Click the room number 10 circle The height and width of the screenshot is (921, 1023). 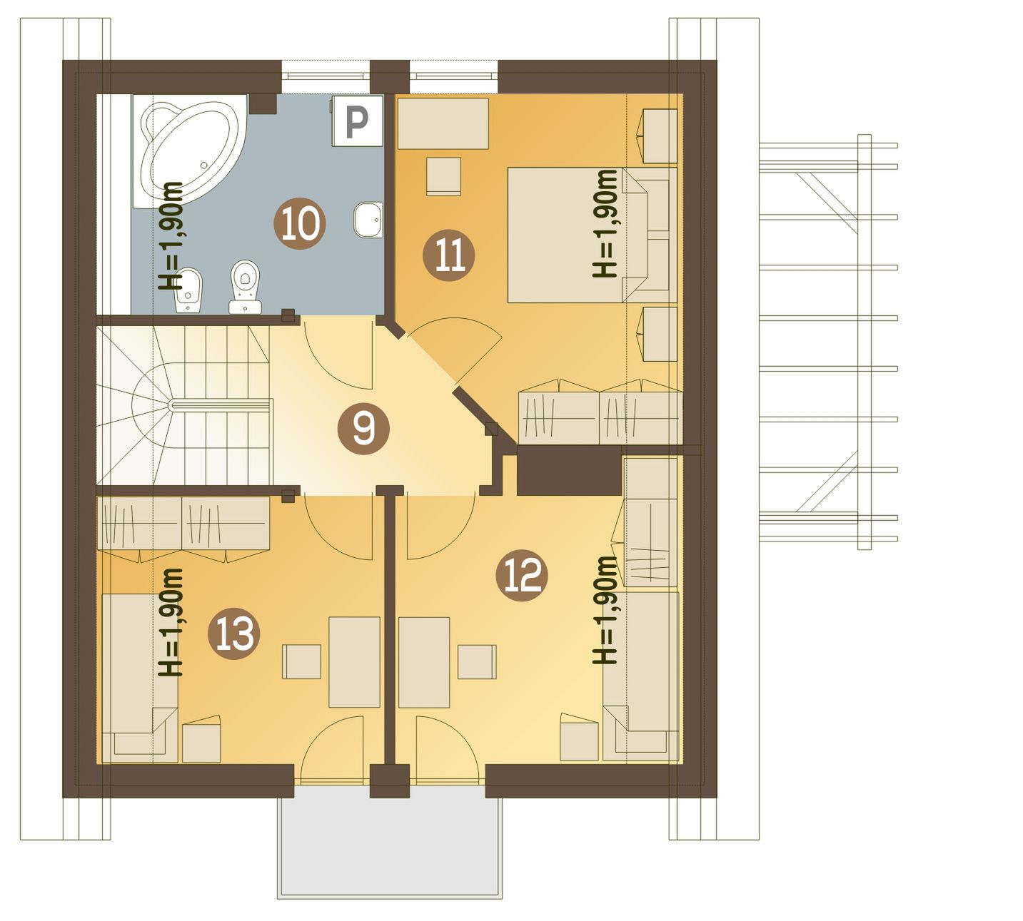coord(300,223)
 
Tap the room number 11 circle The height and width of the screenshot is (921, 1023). coord(449,255)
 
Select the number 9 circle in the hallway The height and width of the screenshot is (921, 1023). coord(363,429)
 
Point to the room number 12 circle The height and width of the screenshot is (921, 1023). coord(522,576)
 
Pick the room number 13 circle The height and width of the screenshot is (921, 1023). coord(234,633)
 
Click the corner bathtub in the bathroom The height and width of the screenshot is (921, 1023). coord(190,151)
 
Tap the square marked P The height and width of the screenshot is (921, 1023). coord(357,121)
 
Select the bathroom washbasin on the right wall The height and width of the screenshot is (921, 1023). coord(368,220)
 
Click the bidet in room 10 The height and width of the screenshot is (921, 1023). coord(188,290)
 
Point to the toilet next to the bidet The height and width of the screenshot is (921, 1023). coord(246,287)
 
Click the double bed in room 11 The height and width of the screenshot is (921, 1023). coord(592,235)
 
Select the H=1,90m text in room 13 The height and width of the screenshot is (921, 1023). coord(171,622)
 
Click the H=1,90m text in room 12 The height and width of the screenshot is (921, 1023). coord(605,610)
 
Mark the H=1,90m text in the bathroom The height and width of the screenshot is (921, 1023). coord(171,235)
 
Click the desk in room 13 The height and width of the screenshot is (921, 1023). coord(354,662)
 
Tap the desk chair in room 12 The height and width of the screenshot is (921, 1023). coord(477,661)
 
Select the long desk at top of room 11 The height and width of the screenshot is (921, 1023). coord(443,124)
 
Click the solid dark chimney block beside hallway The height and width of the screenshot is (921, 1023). coord(569,470)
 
